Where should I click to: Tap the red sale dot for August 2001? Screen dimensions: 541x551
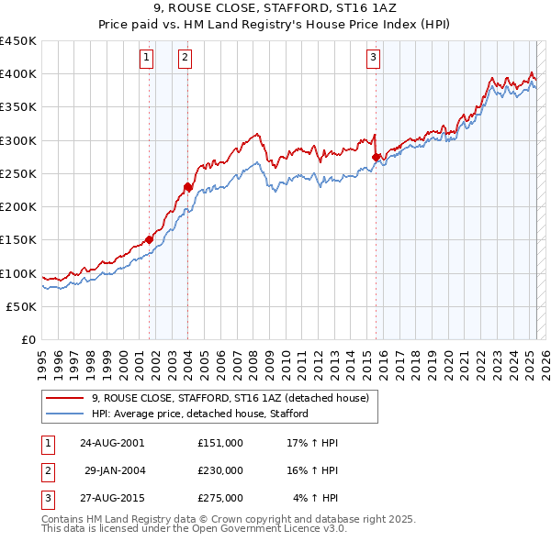[149, 239]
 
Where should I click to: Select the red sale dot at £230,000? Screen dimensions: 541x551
[187, 187]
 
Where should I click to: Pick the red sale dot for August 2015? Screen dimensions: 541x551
[376, 158]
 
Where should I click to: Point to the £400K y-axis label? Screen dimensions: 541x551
[18, 74]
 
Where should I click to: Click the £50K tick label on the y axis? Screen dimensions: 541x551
[22, 307]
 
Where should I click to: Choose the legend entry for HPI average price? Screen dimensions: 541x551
[199, 414]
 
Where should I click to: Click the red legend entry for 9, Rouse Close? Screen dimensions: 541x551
[230, 398]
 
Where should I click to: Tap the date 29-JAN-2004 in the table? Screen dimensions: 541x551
[114, 470]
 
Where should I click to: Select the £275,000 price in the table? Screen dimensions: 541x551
[219, 498]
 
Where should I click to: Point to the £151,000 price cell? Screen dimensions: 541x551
[219, 443]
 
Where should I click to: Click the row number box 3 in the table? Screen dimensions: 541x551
[47, 498]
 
